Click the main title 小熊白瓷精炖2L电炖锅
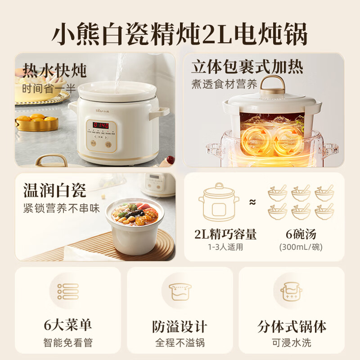coord(180,31)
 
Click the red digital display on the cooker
coord(101,125)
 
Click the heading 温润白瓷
coord(54,190)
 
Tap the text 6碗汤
coord(301,234)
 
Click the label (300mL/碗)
coord(301,247)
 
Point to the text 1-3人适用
coord(225,247)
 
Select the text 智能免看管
coord(67,343)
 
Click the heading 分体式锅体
coord(292,326)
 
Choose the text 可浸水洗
coord(292,343)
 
